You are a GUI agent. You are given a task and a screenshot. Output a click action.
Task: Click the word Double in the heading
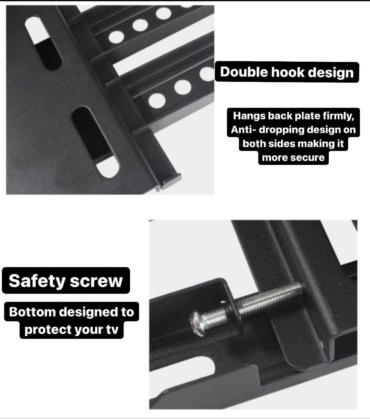244,73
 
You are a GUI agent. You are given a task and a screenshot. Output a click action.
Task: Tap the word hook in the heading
288,73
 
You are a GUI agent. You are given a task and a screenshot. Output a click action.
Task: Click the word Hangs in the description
249,116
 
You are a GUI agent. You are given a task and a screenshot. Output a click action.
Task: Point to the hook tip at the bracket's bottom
171,182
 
